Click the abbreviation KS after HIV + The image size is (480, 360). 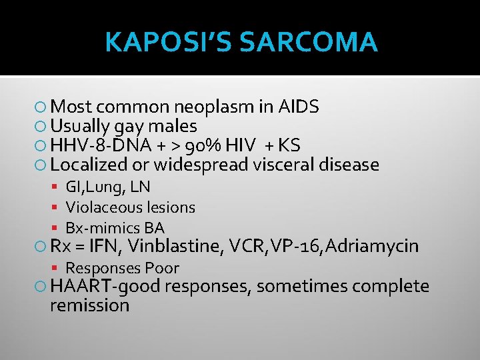pyautogui.click(x=289, y=145)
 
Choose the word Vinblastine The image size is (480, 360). pyautogui.click(x=175, y=247)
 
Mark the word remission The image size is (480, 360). pyautogui.click(x=89, y=306)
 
